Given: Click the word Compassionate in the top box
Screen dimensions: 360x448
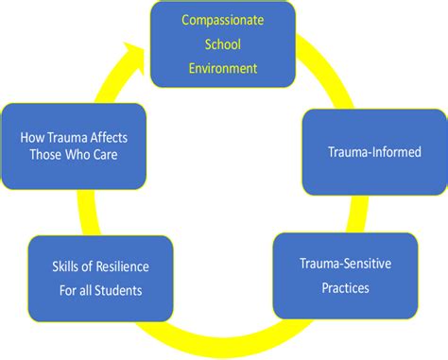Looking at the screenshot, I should [223, 20].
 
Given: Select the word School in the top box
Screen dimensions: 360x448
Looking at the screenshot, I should [223, 44].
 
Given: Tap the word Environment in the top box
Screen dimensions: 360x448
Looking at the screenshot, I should [223, 68].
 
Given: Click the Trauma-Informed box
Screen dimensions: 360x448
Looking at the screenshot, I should [373, 151].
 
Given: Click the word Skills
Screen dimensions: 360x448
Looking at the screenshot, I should [72, 266].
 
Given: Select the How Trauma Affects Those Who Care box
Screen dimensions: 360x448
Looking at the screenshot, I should [74, 146].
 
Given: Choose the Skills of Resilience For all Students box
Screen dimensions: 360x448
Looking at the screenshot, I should [100, 278].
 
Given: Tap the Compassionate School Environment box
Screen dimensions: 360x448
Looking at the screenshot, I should [223, 44].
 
